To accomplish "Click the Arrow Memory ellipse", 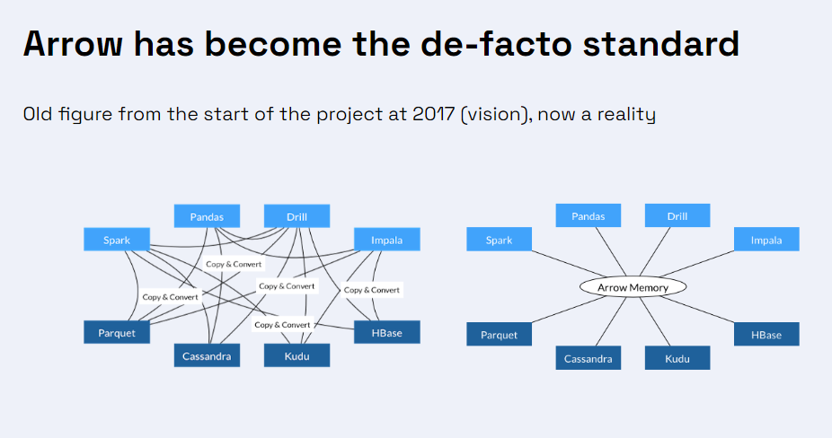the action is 633,287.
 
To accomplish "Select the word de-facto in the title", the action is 496,44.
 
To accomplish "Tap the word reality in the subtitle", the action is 626,115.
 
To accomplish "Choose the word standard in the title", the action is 660,44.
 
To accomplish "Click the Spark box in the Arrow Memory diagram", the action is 499,240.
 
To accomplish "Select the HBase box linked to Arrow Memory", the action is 766,335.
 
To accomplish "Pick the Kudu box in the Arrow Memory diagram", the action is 677,358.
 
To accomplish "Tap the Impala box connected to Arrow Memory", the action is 766,240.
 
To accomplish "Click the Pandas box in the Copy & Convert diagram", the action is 207,216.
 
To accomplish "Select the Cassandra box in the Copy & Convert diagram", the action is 207,355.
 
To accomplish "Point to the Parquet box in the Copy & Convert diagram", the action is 117,332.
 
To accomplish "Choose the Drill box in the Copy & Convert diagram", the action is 297,216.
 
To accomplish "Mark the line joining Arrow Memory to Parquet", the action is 569,309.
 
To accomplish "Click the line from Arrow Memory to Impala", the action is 697,264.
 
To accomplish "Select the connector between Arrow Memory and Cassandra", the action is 611,322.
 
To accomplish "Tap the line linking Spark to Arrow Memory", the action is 568,264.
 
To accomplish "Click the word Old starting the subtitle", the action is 37,114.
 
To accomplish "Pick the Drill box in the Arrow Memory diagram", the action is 677,215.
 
